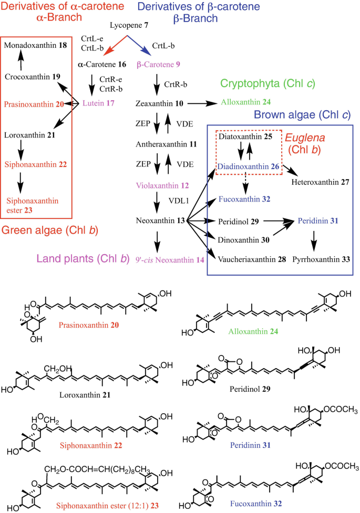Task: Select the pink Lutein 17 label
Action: (x=101, y=103)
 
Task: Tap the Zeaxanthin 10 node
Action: (x=156, y=104)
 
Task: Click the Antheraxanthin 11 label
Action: (x=160, y=143)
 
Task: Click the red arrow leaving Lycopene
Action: (x=116, y=45)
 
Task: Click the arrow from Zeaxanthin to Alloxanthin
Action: (x=197, y=104)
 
